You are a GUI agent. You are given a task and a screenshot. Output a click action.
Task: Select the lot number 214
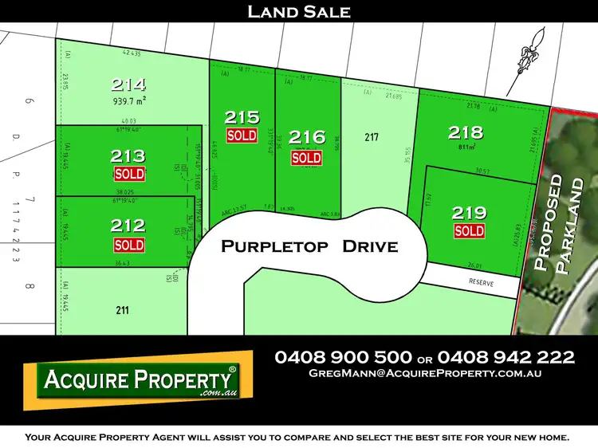128,84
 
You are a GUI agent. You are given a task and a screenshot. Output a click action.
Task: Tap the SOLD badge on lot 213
129,174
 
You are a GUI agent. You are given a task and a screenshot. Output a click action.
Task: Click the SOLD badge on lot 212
129,245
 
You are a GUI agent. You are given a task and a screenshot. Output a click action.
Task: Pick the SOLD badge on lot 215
242,136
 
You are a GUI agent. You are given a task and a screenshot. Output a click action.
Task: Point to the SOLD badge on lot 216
306,158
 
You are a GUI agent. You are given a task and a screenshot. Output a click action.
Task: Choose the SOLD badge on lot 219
469,231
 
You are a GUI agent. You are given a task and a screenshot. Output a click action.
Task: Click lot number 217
371,137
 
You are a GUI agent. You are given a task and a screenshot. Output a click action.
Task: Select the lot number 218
466,132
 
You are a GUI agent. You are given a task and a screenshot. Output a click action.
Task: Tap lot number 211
122,310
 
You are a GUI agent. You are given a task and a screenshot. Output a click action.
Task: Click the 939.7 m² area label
128,101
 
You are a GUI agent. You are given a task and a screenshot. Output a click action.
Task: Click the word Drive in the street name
369,246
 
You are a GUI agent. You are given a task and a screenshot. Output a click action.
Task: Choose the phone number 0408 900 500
343,356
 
